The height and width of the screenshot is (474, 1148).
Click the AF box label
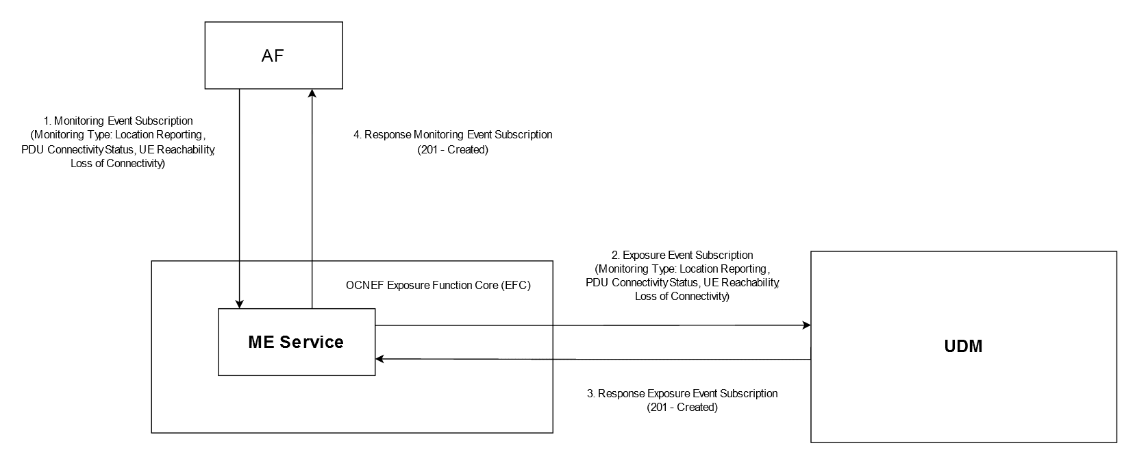click(x=273, y=56)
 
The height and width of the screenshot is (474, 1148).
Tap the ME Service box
click(x=297, y=342)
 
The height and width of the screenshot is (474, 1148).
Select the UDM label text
click(x=963, y=347)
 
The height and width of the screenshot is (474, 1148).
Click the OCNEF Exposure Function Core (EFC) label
click(x=438, y=286)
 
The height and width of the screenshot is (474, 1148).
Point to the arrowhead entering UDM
click(x=806, y=325)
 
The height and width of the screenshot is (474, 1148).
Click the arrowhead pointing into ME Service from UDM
click(x=380, y=359)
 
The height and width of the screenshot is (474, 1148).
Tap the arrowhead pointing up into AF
click(x=312, y=94)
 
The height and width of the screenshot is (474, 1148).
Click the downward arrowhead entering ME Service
click(x=239, y=303)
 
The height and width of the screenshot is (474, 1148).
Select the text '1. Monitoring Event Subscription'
click(x=118, y=121)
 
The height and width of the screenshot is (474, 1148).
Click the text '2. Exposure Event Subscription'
click(x=682, y=255)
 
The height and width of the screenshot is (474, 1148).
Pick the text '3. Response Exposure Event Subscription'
click(x=682, y=394)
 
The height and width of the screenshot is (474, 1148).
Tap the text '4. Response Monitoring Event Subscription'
click(x=453, y=135)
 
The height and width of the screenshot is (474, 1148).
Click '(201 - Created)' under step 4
click(x=453, y=149)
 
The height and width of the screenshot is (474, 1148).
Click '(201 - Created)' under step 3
click(x=682, y=408)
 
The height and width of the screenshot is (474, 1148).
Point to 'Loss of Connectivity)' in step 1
click(x=118, y=164)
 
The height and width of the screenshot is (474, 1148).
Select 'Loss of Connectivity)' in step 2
click(x=682, y=296)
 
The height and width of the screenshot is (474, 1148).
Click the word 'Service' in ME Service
click(x=316, y=342)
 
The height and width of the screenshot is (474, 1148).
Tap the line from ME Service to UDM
click(x=589, y=325)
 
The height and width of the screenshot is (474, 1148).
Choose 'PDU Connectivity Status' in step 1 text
click(x=77, y=149)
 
